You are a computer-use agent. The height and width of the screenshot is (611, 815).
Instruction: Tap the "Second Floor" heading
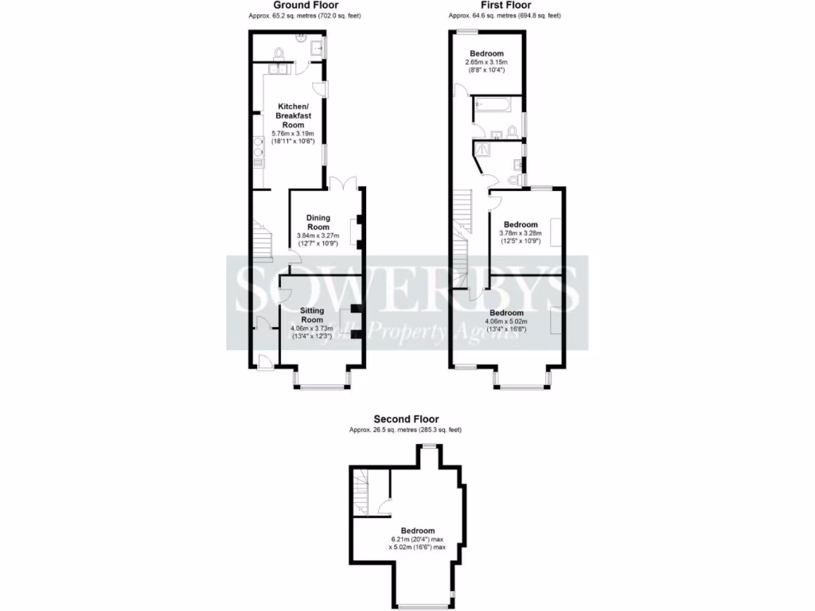(x=406, y=419)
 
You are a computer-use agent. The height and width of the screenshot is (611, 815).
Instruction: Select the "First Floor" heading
(x=504, y=5)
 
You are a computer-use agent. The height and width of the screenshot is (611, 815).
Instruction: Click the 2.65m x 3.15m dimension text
(x=485, y=62)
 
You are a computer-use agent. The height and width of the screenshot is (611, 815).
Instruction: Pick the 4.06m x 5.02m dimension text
(x=507, y=321)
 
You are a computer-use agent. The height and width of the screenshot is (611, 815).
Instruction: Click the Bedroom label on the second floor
(x=417, y=531)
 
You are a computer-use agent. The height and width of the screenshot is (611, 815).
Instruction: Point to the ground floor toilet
(x=279, y=53)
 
